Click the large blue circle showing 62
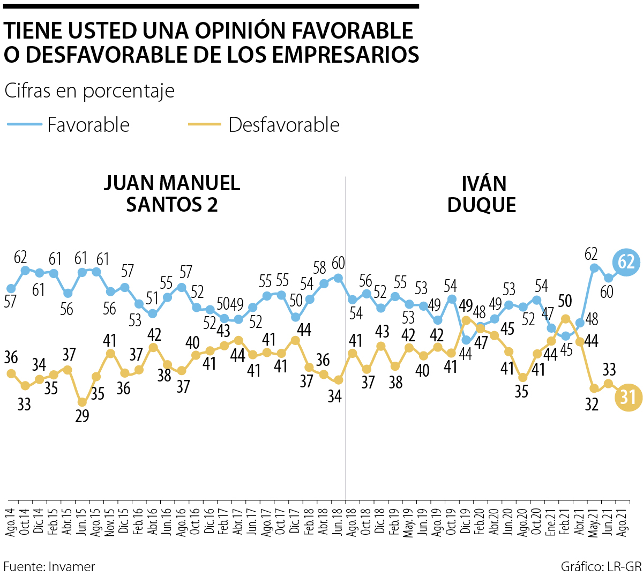point(626,262)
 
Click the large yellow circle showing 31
point(627,397)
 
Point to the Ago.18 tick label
point(352,520)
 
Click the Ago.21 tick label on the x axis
point(623,520)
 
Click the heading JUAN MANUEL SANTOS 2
point(171,194)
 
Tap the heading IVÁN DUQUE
point(483,194)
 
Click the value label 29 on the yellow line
point(82,416)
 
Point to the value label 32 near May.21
point(592,405)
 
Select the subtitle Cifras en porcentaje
point(89,91)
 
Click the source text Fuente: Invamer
point(49,566)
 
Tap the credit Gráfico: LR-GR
point(601,566)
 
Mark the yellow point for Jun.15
point(82,402)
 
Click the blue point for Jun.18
point(338,278)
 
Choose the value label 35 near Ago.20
point(521,392)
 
